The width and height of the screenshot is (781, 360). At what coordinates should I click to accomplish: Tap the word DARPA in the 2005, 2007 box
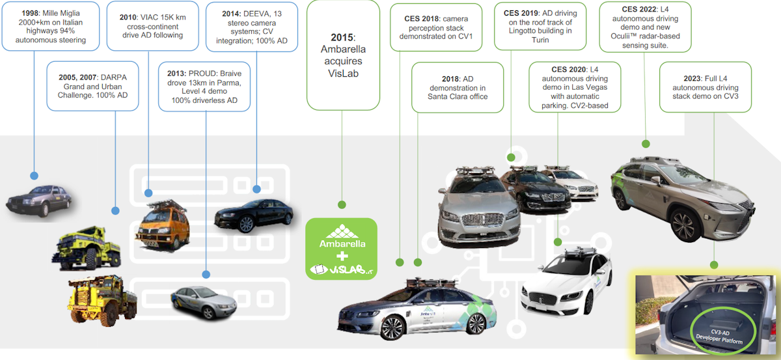[111, 77]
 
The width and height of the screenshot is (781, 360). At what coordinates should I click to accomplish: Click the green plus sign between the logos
[341, 256]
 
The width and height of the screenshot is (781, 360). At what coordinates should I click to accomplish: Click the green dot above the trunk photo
[714, 265]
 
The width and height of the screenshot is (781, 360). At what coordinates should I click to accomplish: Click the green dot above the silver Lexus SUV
[646, 144]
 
